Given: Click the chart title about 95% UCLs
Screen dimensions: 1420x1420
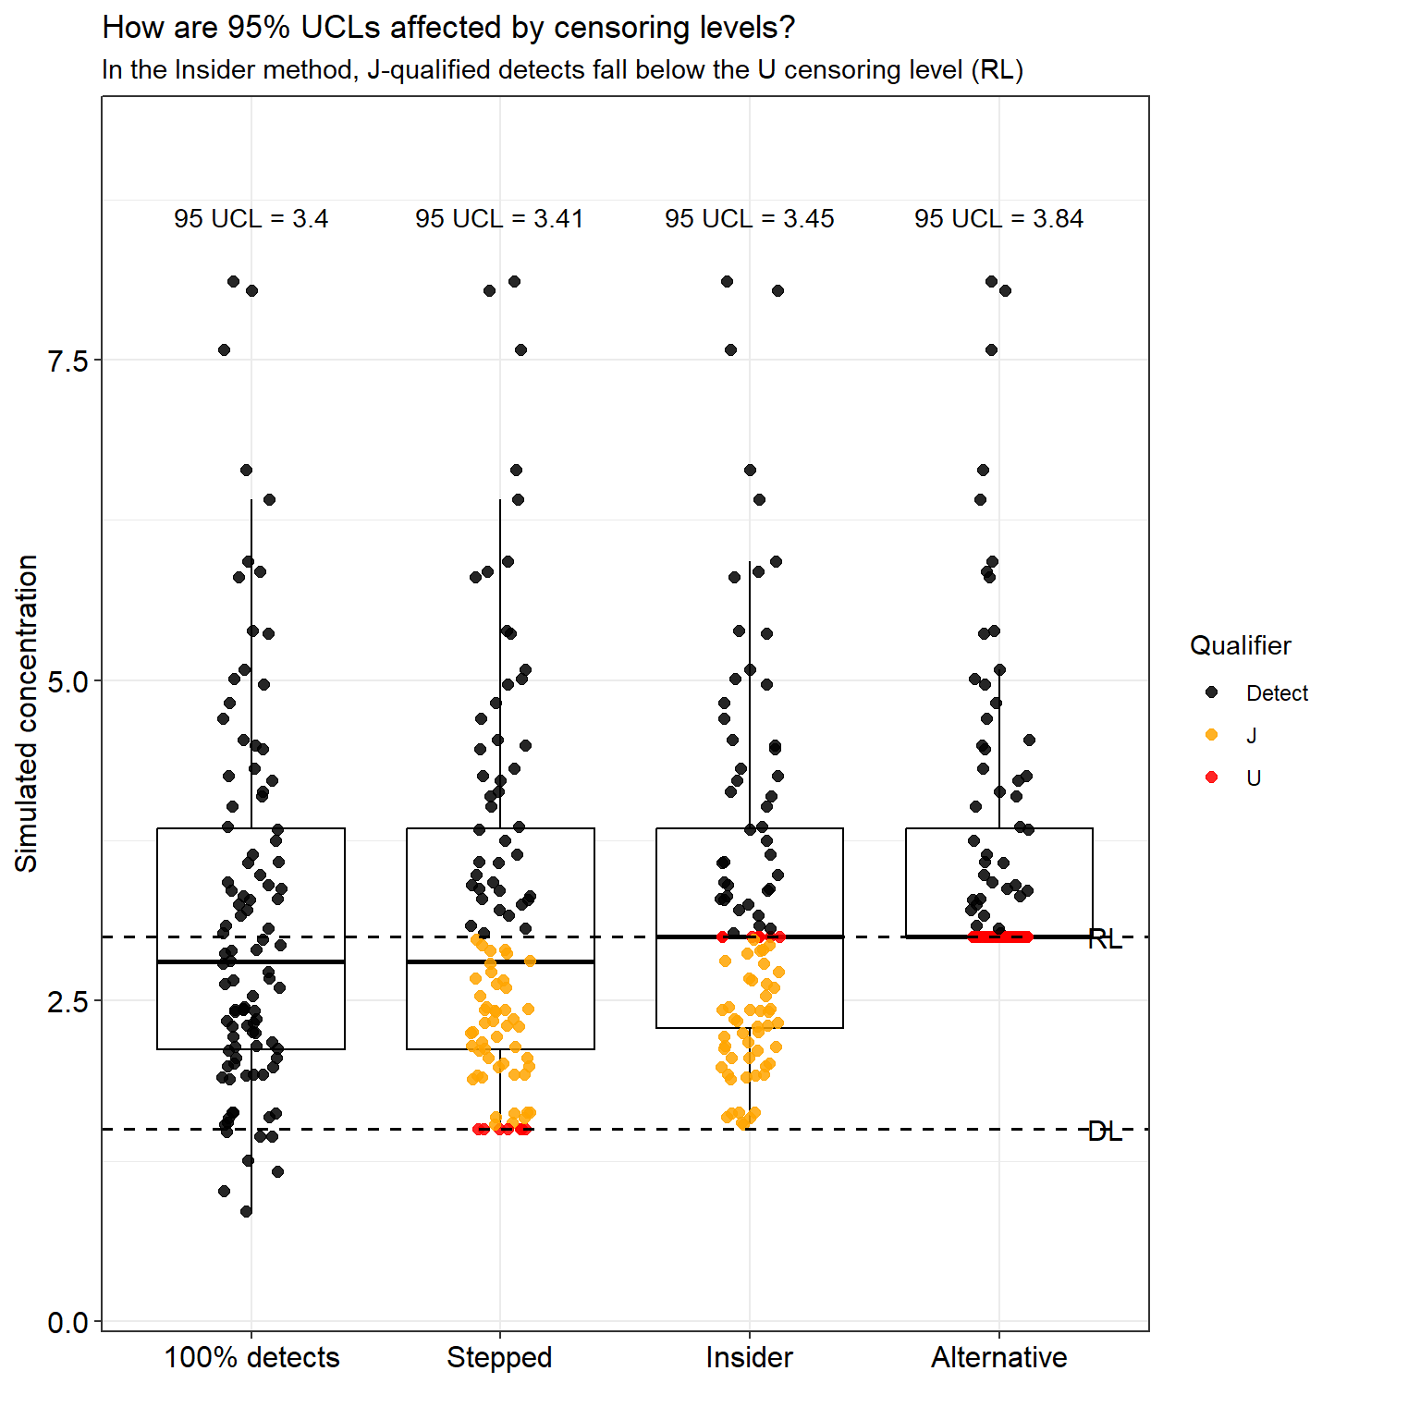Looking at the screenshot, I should [448, 28].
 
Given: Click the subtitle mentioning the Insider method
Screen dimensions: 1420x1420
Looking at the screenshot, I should [562, 70].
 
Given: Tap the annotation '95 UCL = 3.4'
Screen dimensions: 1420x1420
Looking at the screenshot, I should [251, 219].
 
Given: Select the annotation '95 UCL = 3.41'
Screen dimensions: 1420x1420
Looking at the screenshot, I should [499, 219].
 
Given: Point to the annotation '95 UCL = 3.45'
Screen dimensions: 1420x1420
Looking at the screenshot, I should [749, 219].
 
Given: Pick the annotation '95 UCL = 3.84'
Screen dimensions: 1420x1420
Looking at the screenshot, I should [998, 219].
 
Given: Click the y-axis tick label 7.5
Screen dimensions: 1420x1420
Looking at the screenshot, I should [67, 361].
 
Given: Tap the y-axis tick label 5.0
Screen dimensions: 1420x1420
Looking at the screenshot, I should [67, 681].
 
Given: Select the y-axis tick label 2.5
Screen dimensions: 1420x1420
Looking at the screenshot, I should [67, 1002].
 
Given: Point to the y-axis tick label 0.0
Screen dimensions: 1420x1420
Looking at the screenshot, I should [67, 1323].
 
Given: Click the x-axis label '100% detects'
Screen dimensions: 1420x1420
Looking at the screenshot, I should [251, 1357].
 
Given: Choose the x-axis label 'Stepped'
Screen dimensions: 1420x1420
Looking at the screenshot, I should [499, 1357].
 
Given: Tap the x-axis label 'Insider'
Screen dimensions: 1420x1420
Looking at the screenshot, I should [749, 1357].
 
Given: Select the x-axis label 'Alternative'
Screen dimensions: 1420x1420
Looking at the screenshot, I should [998, 1357].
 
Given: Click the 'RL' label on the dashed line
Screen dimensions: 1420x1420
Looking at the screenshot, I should [1105, 939].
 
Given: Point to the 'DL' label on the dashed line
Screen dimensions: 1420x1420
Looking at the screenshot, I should [1105, 1132].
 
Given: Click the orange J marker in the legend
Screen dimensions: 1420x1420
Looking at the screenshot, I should [1212, 735].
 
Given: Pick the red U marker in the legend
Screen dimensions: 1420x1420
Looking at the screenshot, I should [1212, 777].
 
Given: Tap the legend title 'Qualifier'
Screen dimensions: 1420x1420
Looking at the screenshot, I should [1240, 645].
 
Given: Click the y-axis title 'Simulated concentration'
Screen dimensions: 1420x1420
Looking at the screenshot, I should [27, 713].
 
